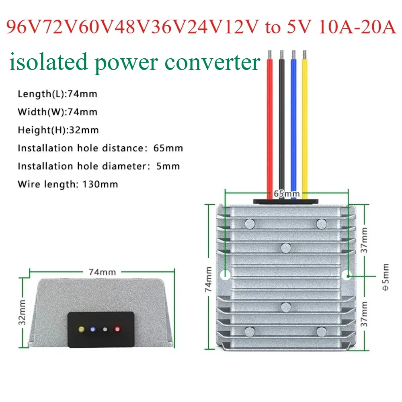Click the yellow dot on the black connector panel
point(82,329)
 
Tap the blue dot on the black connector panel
point(93,329)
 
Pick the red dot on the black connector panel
point(117,329)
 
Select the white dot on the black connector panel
point(105,329)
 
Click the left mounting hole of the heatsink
point(225,275)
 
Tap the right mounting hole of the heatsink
point(348,275)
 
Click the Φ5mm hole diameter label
point(386,277)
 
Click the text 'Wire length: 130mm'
point(68,185)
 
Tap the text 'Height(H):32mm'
point(58,130)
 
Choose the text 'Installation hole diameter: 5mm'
point(98,166)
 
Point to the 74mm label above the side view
point(102,272)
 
